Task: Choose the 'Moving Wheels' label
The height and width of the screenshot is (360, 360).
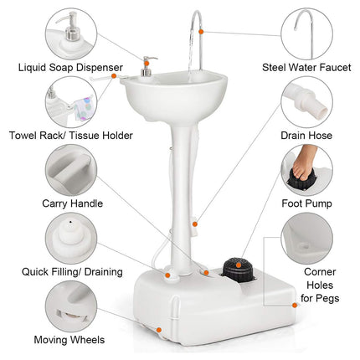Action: [x=69, y=340]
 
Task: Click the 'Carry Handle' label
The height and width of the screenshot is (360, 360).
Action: [x=73, y=202]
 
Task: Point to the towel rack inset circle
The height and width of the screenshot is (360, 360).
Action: [x=72, y=101]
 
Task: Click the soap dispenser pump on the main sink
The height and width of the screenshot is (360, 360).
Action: [x=148, y=67]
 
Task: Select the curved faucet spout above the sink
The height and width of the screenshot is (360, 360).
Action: [x=196, y=29]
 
